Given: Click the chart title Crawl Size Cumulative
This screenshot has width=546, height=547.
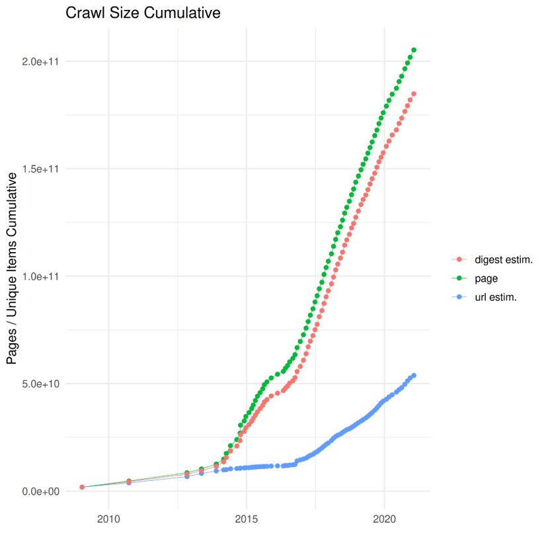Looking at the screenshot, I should click(143, 13).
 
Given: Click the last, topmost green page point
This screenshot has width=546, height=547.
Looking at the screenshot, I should click(414, 50).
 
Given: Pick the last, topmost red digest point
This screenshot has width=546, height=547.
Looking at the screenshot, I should click(414, 94).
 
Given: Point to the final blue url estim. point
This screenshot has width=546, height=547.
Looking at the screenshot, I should click(414, 376).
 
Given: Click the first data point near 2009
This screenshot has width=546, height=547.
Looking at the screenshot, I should click(82, 487).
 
